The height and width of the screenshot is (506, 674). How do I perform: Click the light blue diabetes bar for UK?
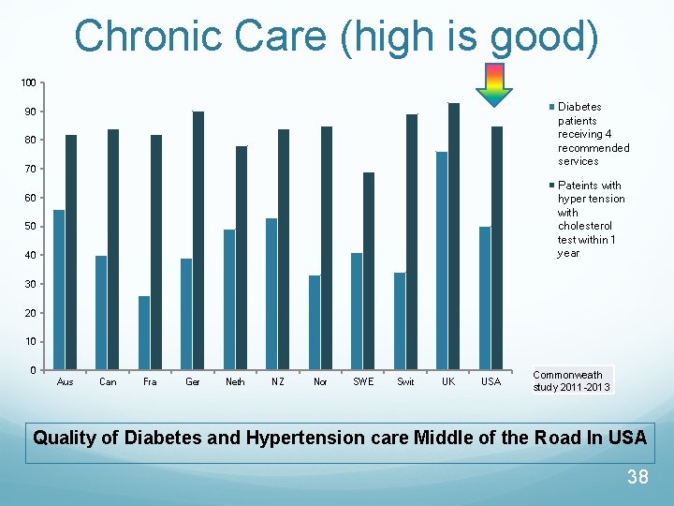442,260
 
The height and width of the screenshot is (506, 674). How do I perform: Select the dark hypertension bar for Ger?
198,240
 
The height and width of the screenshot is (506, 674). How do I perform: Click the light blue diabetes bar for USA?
485,297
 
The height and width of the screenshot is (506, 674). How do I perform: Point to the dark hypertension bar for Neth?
242,257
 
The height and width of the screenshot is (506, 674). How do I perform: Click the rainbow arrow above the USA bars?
494,82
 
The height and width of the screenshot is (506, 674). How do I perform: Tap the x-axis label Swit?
405,382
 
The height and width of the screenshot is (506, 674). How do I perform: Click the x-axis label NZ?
278,382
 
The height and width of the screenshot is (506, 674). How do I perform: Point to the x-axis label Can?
108,382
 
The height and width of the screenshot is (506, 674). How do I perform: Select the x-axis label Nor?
320,382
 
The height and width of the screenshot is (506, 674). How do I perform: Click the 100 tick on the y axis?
28,83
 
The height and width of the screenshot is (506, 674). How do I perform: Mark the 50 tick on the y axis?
30,227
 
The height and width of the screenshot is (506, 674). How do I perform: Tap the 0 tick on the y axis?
33,370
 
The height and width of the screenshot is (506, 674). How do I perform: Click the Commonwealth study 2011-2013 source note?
572,381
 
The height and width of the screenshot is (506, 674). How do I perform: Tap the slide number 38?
637,477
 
